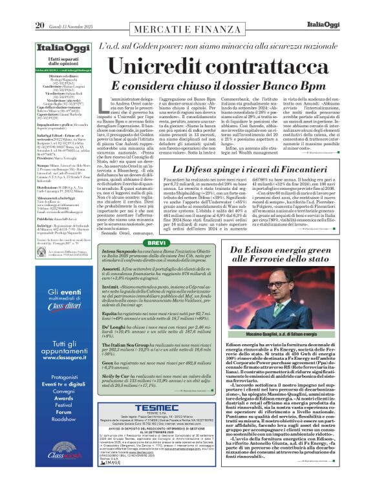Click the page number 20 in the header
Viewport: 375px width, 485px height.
click(x=39, y=8)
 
